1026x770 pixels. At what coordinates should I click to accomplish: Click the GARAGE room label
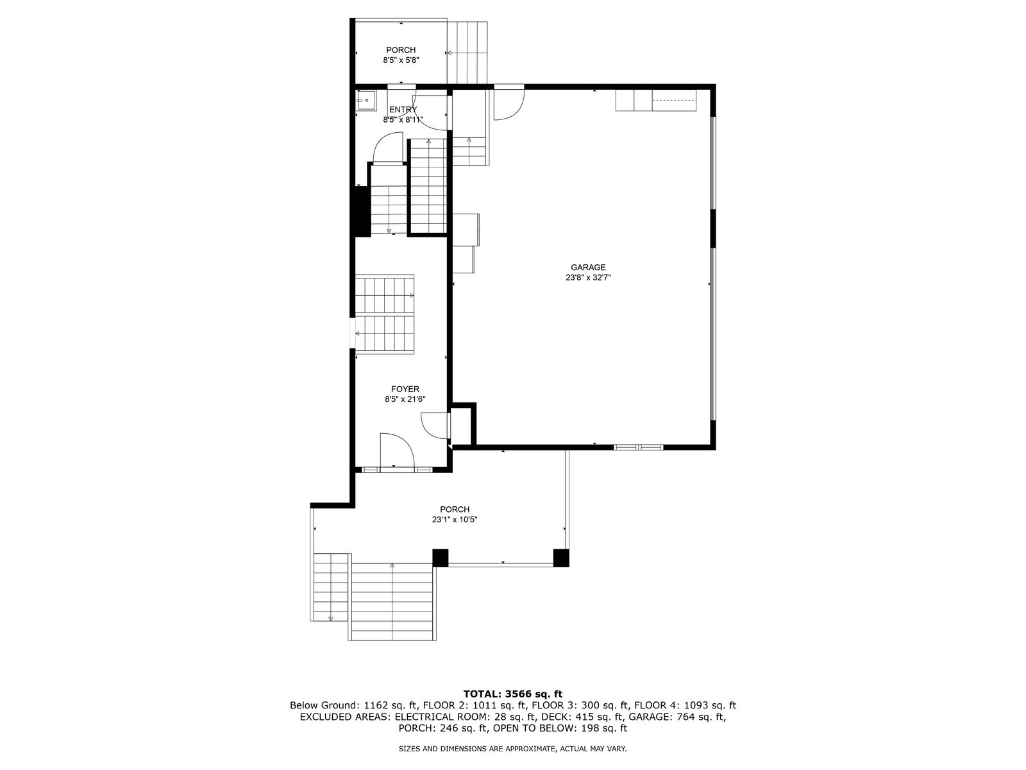click(x=587, y=268)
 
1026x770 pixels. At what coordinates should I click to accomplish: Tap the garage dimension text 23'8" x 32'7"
click(x=588, y=278)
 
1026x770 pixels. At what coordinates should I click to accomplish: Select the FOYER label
click(x=405, y=389)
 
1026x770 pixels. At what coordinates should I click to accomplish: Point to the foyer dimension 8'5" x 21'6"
click(x=405, y=399)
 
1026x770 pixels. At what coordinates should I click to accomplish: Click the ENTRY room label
click(x=403, y=109)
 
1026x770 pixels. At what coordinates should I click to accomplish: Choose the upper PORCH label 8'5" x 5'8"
click(x=401, y=55)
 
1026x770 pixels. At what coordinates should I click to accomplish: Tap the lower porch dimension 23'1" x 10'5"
click(x=455, y=519)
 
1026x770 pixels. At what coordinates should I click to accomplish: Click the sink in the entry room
click(x=366, y=101)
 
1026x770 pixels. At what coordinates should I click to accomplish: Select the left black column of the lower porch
click(x=440, y=558)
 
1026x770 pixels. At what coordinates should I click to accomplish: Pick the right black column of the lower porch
click(x=561, y=558)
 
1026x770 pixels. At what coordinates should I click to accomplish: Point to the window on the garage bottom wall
click(x=638, y=447)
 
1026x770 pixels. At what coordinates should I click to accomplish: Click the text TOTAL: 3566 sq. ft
click(x=513, y=694)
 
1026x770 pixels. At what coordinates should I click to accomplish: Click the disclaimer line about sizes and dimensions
click(x=513, y=749)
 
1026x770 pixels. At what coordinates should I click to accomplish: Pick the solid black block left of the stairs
click(x=360, y=210)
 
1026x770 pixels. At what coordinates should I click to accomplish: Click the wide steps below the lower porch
click(x=392, y=601)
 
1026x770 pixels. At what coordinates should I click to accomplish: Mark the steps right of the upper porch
click(x=467, y=53)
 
